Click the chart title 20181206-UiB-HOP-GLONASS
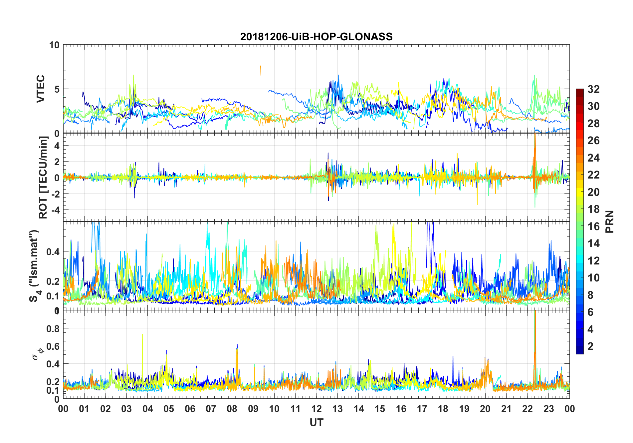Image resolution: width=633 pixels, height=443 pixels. pos(316,37)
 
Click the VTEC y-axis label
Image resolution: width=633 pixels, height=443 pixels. pos(41,89)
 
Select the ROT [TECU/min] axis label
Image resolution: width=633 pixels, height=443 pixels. pos(43,178)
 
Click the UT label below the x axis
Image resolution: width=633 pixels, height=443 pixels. pos(316,423)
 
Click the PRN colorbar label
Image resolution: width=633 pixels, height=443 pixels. pos(609,221)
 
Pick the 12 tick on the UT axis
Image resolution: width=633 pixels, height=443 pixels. pos(316,409)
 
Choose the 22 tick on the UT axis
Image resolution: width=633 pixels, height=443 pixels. pos(527,409)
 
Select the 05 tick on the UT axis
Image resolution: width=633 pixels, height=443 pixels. pos(169,409)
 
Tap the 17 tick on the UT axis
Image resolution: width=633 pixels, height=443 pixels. pos(422,409)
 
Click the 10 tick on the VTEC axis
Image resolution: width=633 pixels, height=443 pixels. pos(54,45)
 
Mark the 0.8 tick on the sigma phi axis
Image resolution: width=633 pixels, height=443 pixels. pos(53,328)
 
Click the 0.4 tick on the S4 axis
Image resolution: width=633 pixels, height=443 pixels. pos(53,251)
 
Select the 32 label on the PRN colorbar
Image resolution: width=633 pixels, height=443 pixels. pos(593,89)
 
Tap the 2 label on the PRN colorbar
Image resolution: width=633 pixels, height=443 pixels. pos(590,346)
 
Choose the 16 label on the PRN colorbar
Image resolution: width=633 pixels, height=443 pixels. pos(593,226)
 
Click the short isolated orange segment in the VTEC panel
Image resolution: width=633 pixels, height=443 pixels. pos(261,71)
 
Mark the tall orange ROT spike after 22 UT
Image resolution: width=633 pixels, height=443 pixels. pos(535,150)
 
